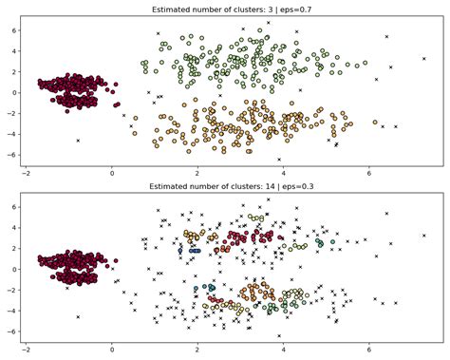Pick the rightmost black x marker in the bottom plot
[424, 235]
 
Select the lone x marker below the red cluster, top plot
[78, 141]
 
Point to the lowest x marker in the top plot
[279, 160]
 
